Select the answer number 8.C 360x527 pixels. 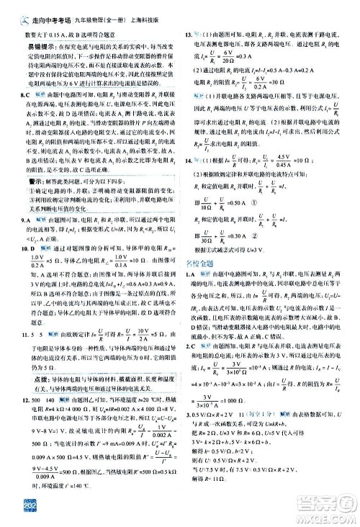[22, 94]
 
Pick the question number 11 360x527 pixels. [21, 333]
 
